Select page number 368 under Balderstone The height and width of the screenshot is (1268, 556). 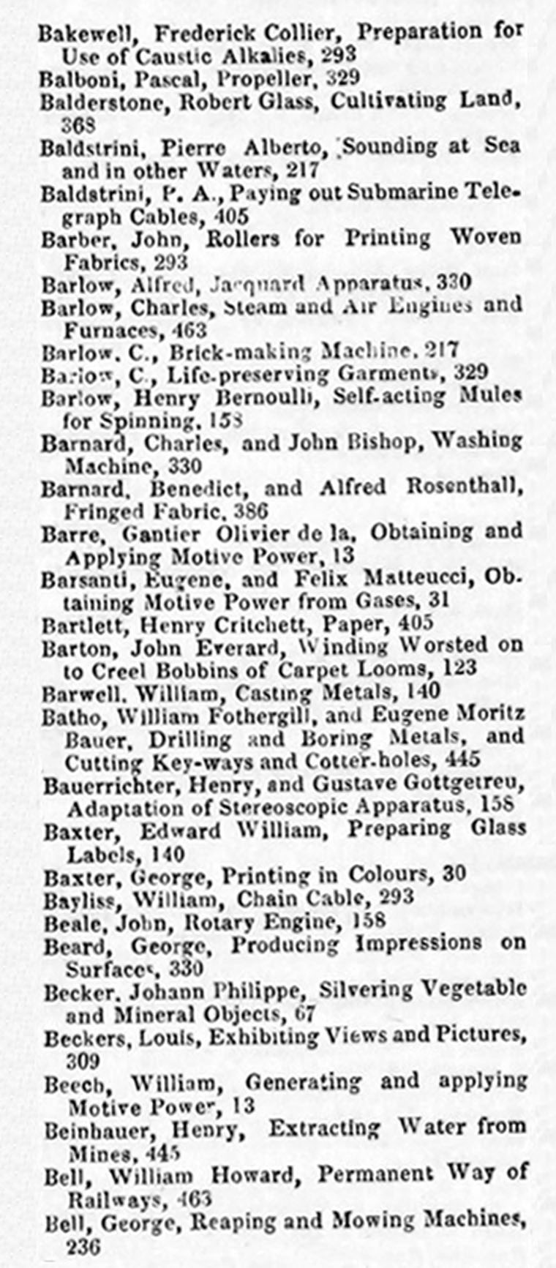pos(80,125)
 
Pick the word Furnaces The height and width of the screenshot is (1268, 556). pos(110,330)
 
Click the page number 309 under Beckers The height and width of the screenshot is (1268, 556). pos(82,1059)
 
